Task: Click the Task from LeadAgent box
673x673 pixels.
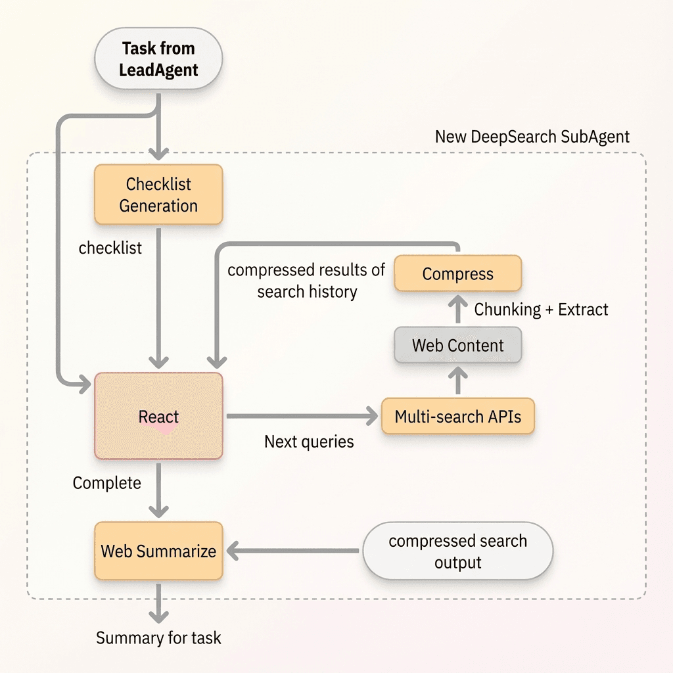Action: tap(158, 59)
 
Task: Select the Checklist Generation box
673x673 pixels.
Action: tap(158, 195)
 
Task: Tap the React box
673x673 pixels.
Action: tap(158, 417)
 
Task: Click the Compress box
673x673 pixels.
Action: tap(457, 274)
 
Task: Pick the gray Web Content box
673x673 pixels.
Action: tap(457, 345)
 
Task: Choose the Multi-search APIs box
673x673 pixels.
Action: tap(457, 416)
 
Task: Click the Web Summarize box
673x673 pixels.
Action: tap(158, 551)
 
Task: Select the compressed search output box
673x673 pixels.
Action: tap(457, 551)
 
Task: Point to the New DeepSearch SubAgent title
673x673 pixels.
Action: tap(532, 137)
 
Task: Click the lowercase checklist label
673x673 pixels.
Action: tap(110, 248)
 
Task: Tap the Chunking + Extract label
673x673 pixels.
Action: tap(542, 310)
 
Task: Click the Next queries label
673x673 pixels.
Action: tap(309, 442)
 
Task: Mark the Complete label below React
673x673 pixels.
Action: tap(107, 483)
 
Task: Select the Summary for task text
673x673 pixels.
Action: tap(158, 638)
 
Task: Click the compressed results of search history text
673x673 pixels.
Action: tap(306, 281)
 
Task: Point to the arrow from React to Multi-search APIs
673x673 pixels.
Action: tap(302, 416)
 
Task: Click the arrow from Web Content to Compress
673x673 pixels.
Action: tap(458, 310)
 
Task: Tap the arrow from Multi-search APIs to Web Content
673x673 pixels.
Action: tap(458, 381)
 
